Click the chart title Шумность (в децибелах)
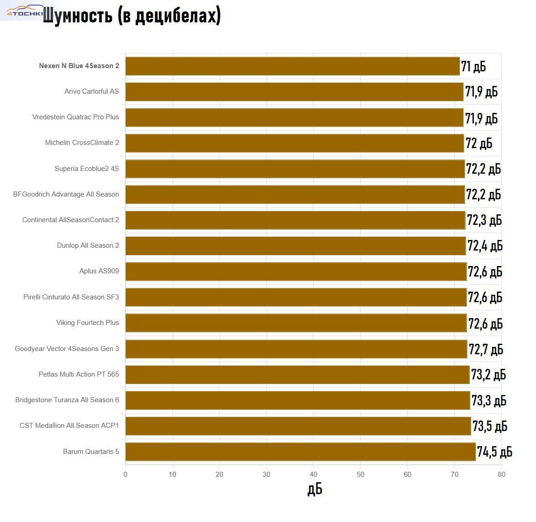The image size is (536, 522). click(132, 16)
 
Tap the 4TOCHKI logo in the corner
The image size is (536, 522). click(23, 11)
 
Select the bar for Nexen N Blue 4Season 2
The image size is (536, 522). click(292, 66)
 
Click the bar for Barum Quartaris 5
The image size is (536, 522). click(300, 452)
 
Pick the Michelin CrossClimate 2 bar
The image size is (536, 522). click(294, 143)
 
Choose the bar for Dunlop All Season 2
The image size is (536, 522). click(295, 246)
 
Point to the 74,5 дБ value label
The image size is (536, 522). click(494, 452)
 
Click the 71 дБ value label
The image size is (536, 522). click(473, 67)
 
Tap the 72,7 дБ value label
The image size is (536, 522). click(486, 350)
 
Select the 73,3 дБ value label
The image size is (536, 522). click(489, 401)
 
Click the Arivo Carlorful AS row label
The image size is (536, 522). click(91, 91)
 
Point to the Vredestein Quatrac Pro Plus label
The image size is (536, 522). click(75, 117)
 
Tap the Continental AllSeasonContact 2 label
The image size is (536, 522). click(70, 220)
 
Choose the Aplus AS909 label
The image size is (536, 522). click(99, 271)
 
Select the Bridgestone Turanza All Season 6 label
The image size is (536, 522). click(67, 400)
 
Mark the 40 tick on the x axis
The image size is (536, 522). click(313, 474)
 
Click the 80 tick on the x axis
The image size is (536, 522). click(501, 474)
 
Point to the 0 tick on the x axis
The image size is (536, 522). click(126, 474)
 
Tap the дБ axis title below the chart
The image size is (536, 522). click(314, 489)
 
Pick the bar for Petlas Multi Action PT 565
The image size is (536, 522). click(297, 375)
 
